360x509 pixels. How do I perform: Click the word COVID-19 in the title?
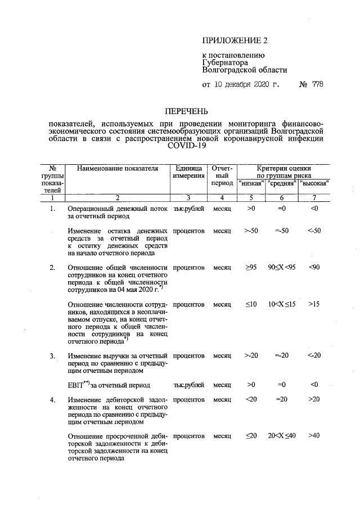coord(187,146)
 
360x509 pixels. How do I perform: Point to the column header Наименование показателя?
coord(118,168)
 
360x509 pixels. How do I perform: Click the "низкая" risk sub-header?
coord(251,183)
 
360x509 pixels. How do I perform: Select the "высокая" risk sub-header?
coord(314,183)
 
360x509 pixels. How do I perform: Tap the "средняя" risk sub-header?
coord(282,183)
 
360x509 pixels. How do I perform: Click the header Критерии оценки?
coord(283,168)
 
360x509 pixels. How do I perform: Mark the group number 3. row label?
coord(52,356)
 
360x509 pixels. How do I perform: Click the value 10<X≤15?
coord(282,304)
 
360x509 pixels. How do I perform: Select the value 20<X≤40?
coord(282,436)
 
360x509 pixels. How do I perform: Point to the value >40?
coord(314,436)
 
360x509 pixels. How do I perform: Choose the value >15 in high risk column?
coord(314,304)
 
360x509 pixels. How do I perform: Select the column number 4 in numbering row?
coord(222,197)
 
